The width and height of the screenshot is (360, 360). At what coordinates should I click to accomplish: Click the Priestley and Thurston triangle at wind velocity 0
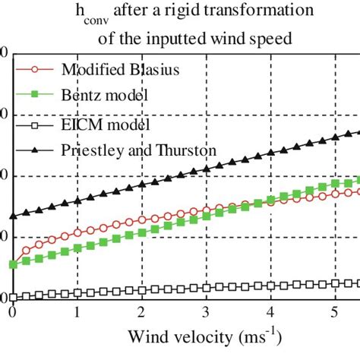tap(13, 216)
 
